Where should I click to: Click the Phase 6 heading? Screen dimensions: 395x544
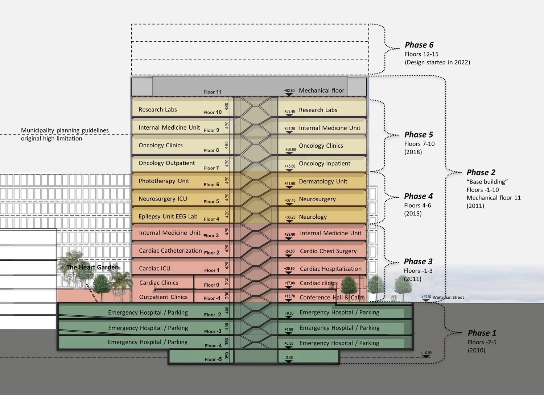point(419,45)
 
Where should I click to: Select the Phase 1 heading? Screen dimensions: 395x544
point(482,333)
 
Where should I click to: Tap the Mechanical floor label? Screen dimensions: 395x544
point(321,91)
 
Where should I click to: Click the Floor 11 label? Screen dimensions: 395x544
point(213,92)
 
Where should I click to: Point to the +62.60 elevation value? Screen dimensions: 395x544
point(289,91)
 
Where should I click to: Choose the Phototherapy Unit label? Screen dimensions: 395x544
point(164,181)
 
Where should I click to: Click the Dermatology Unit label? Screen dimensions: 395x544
point(323,181)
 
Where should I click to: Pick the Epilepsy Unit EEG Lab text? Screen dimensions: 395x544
point(168,217)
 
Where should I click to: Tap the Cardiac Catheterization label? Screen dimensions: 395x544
point(170,251)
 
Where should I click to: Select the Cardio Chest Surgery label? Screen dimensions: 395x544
point(328,251)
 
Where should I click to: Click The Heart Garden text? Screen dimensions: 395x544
point(92,267)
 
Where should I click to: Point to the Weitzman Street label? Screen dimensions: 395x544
point(448,298)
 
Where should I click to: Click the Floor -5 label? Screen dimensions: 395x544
point(213,359)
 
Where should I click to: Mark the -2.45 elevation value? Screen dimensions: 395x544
point(289,358)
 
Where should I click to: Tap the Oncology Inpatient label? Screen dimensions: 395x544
point(324,163)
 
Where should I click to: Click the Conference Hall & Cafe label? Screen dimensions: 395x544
point(331,297)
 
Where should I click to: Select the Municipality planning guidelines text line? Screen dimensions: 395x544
point(65,130)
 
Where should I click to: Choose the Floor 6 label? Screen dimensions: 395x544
point(211,184)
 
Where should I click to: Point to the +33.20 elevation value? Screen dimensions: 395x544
point(290,217)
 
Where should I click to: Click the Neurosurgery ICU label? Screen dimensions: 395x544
point(162,199)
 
